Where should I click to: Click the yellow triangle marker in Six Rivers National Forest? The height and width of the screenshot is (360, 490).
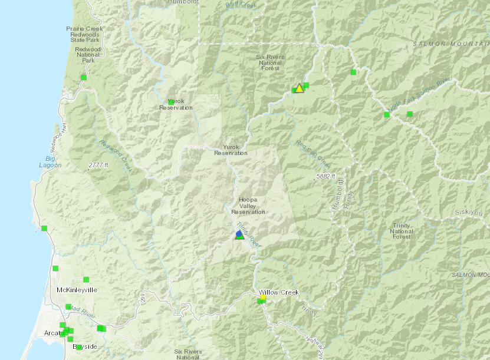click(x=299, y=88)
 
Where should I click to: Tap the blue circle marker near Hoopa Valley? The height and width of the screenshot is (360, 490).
click(x=239, y=234)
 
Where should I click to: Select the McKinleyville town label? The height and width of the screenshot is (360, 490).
click(x=77, y=290)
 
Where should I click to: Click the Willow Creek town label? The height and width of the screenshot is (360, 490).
click(x=279, y=292)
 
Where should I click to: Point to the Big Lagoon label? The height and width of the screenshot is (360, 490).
click(x=53, y=162)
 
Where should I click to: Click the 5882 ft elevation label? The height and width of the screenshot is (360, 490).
click(x=325, y=176)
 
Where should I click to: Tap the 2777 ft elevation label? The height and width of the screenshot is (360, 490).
click(x=98, y=166)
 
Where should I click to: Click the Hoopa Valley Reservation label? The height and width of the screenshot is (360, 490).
click(x=248, y=206)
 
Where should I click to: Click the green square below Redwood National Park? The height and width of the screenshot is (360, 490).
click(x=84, y=77)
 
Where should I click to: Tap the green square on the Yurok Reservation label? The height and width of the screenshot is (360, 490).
click(x=171, y=103)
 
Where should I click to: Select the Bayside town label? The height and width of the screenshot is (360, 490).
click(x=84, y=347)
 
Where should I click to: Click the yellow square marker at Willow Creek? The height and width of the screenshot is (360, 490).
click(x=263, y=298)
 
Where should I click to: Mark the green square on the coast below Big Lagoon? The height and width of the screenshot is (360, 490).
click(x=44, y=228)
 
